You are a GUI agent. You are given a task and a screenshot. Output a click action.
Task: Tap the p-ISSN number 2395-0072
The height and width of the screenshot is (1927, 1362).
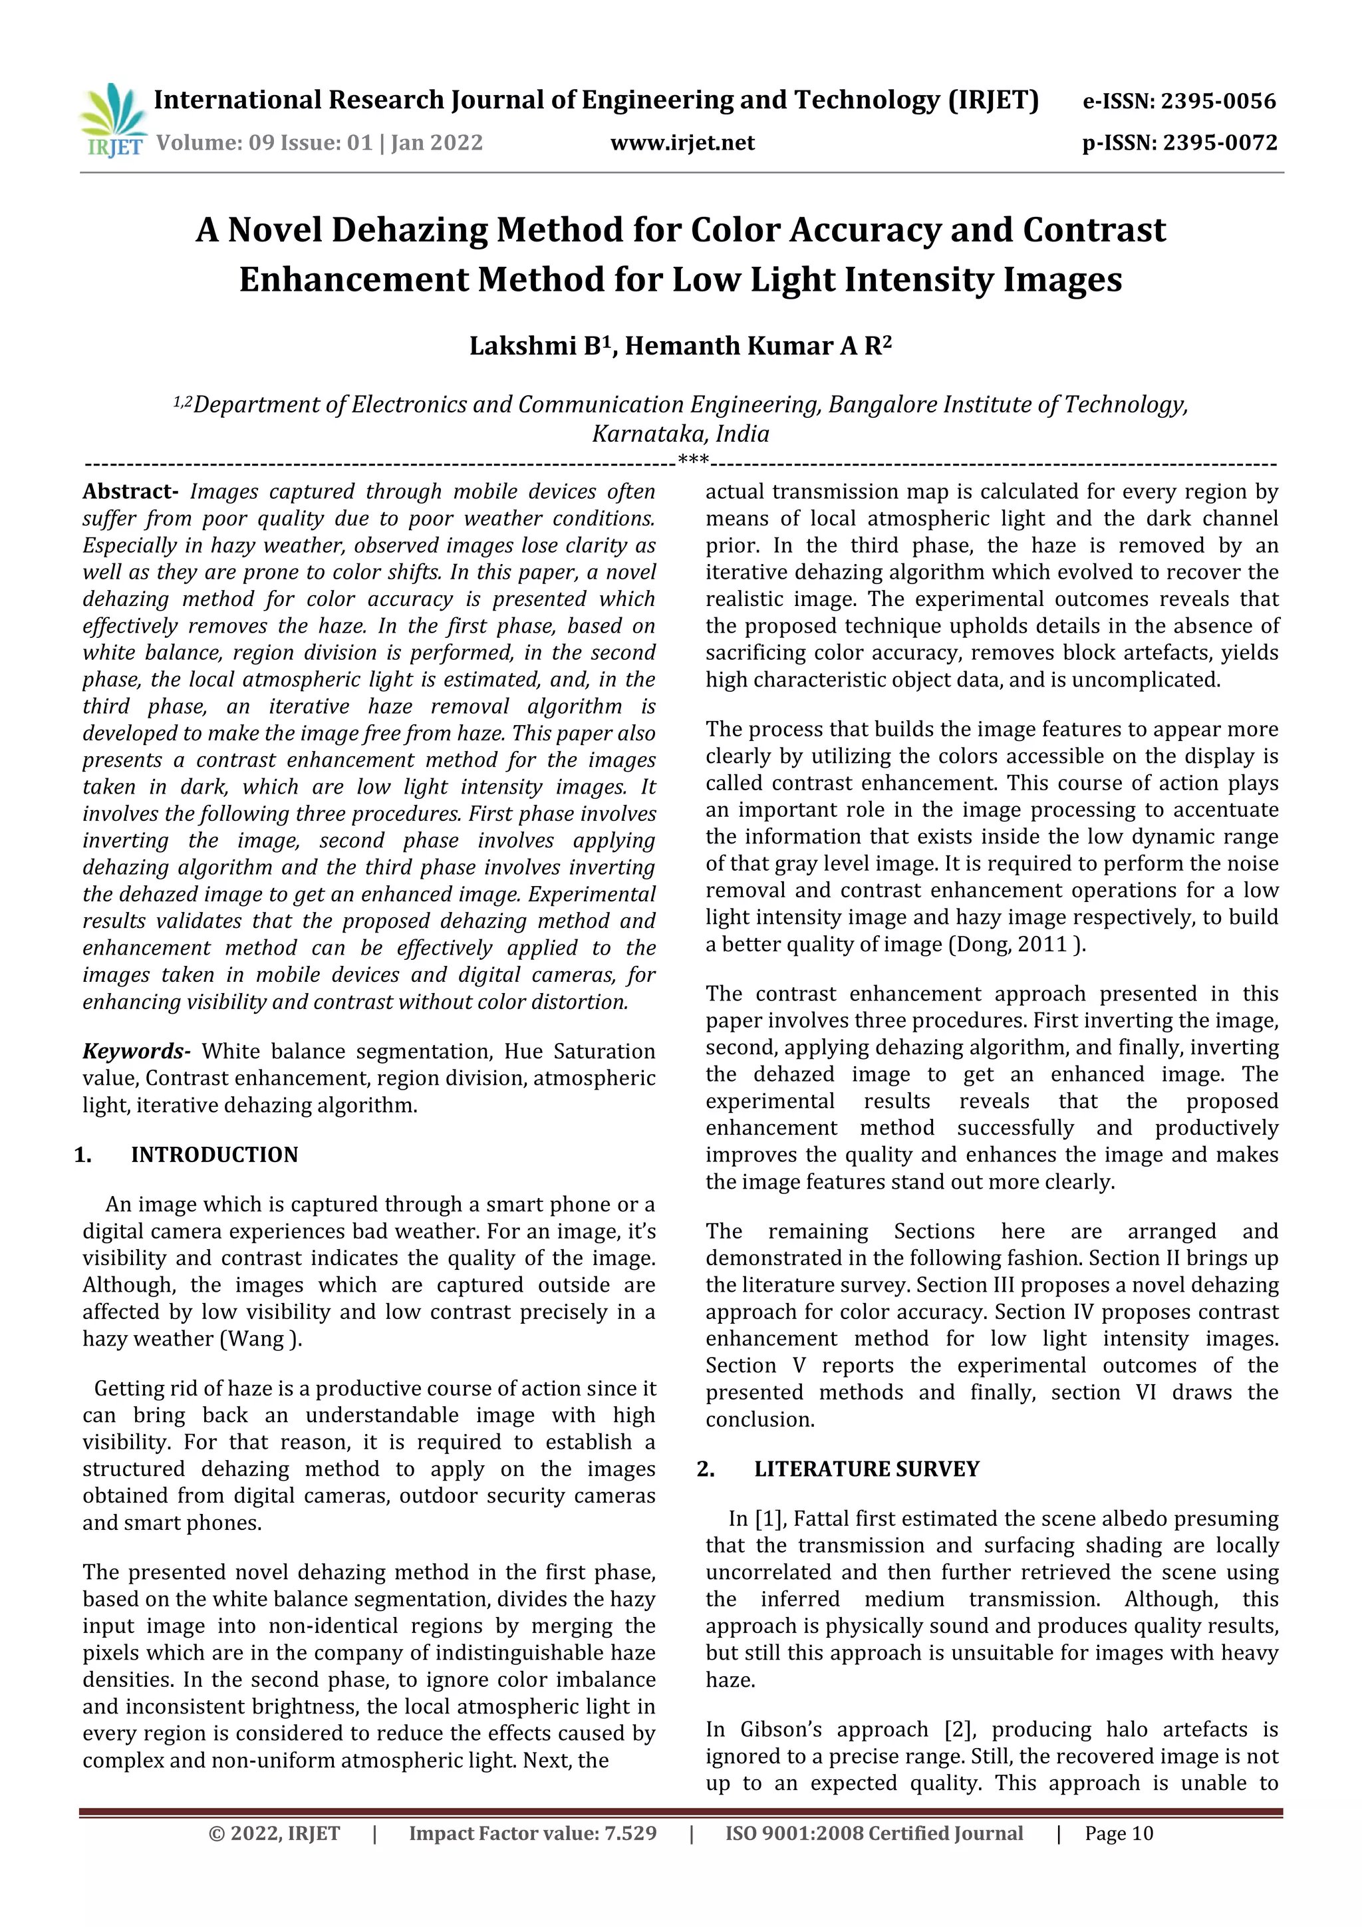coord(1219,142)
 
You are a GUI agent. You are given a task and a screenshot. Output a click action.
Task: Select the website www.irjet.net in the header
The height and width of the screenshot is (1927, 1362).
coord(682,142)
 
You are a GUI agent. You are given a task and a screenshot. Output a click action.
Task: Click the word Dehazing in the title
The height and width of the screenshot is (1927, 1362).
coord(409,230)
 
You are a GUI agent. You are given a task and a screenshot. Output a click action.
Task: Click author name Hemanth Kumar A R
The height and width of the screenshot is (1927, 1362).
coord(757,347)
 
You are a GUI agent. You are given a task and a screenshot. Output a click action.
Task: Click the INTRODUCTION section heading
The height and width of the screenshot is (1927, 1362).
coord(214,1155)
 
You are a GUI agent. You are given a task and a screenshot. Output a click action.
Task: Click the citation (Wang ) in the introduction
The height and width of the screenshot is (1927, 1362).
coord(260,1339)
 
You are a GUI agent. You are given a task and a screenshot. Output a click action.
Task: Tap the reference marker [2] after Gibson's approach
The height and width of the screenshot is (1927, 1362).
coord(957,1729)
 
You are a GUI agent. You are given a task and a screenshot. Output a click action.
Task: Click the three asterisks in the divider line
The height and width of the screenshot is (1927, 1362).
coord(693,459)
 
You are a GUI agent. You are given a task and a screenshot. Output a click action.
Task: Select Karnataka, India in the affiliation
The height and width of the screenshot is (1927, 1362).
coord(680,434)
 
